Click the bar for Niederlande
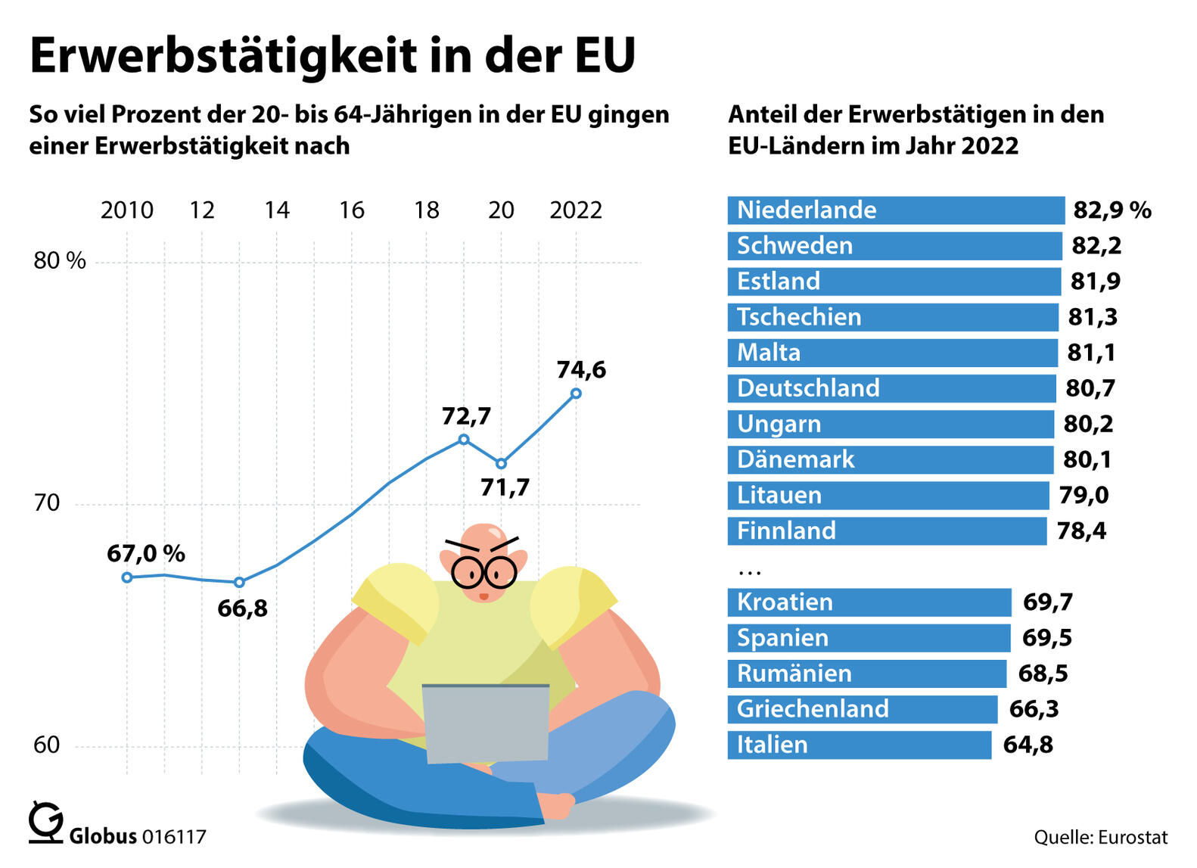[x=896, y=210]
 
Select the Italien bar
[x=859, y=745]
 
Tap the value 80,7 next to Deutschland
[x=1090, y=388]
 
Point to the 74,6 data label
[x=581, y=369]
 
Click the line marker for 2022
[x=576, y=394]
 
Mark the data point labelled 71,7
[x=501, y=463]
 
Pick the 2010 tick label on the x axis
[x=126, y=210]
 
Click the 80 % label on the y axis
[x=60, y=261]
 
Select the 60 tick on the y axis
[x=46, y=745]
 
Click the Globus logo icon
[x=45, y=823]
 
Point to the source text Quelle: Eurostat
[x=1100, y=837]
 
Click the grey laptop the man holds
[x=486, y=723]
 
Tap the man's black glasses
[x=484, y=572]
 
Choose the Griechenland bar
[x=862, y=709]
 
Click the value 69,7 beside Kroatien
[x=1047, y=602]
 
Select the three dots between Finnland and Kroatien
[x=749, y=569]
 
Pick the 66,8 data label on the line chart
[x=242, y=608]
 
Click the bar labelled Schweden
[x=894, y=246]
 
